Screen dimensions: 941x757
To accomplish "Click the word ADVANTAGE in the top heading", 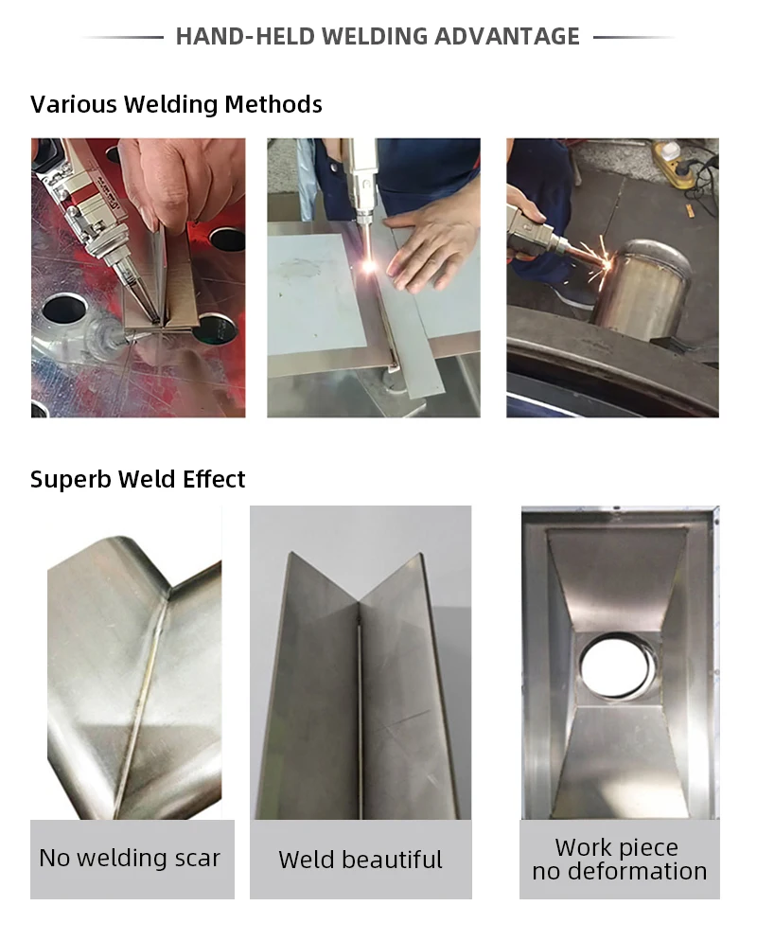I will click(x=506, y=37).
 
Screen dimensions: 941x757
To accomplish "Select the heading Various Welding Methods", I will click(x=176, y=104).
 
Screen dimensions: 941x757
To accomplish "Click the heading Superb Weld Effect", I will click(x=138, y=479).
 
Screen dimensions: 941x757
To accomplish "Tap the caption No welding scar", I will click(x=130, y=859).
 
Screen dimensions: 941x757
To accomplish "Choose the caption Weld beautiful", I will click(x=360, y=860).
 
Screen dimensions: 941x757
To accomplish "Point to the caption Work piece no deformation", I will click(x=619, y=860).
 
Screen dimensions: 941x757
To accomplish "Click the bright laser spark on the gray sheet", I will click(x=368, y=267).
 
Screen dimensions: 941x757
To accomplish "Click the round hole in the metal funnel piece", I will click(x=617, y=666).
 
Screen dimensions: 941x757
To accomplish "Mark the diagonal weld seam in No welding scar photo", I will click(x=142, y=701).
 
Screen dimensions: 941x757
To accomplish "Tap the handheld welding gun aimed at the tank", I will click(x=535, y=232).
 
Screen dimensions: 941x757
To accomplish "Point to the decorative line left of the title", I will click(x=123, y=38).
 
